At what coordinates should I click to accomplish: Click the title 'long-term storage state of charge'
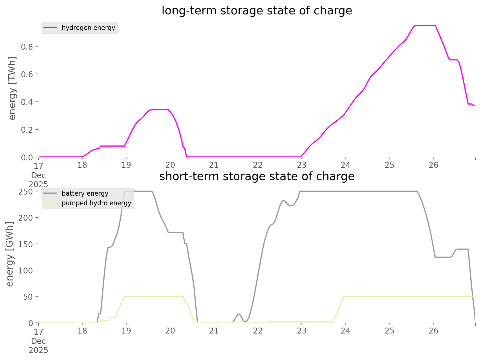tap(257, 11)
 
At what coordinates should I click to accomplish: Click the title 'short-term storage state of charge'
tap(257, 176)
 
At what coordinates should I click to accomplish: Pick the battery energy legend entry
tap(85, 193)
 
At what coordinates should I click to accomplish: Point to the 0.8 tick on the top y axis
tap(27, 46)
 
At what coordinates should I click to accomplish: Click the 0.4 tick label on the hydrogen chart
tap(27, 102)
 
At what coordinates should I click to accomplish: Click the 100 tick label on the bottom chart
tap(25, 270)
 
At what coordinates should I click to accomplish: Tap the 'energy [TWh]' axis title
tap(12, 88)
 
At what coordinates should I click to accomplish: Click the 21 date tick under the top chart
tap(214, 165)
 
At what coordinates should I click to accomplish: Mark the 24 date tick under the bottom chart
tap(346, 331)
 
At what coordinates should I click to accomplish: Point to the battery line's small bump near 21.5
tap(239, 314)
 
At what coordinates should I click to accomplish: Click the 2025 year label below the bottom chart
tap(38, 350)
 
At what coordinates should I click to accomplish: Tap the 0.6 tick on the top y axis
tap(27, 74)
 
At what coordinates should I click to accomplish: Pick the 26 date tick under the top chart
tap(434, 165)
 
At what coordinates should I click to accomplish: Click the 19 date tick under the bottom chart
tap(126, 331)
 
